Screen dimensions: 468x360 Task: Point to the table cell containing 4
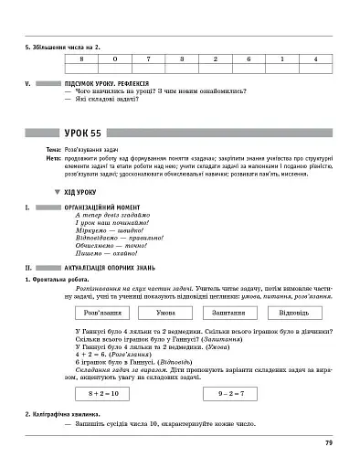click(313, 58)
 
